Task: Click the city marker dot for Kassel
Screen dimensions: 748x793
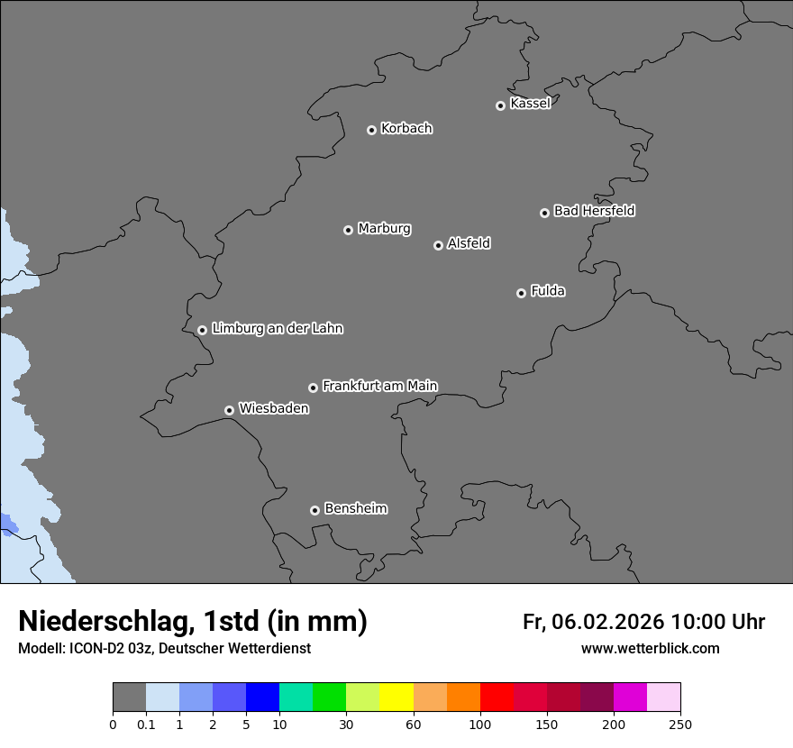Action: [500, 105]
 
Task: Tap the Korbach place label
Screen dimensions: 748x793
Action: [406, 129]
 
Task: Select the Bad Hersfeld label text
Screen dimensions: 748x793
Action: [594, 211]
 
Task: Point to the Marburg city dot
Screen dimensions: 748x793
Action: [348, 230]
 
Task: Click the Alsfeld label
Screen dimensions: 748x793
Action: [469, 243]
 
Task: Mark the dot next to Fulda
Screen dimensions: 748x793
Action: [521, 293]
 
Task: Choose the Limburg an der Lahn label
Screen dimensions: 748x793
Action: [277, 328]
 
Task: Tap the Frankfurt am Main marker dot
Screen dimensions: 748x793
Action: [313, 388]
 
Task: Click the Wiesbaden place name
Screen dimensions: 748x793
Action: [273, 408]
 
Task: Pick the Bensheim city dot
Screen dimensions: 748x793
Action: [314, 510]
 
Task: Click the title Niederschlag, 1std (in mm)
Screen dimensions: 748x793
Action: [193, 621]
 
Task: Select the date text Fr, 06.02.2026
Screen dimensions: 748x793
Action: [593, 622]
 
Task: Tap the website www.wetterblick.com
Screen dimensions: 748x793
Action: [650, 649]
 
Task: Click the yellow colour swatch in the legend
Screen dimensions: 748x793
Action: [396, 698]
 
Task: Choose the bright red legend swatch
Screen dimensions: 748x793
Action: [497, 698]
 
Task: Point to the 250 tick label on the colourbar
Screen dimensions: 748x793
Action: [680, 725]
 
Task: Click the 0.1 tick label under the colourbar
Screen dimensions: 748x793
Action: [146, 725]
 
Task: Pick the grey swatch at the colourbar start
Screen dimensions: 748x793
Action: [129, 698]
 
